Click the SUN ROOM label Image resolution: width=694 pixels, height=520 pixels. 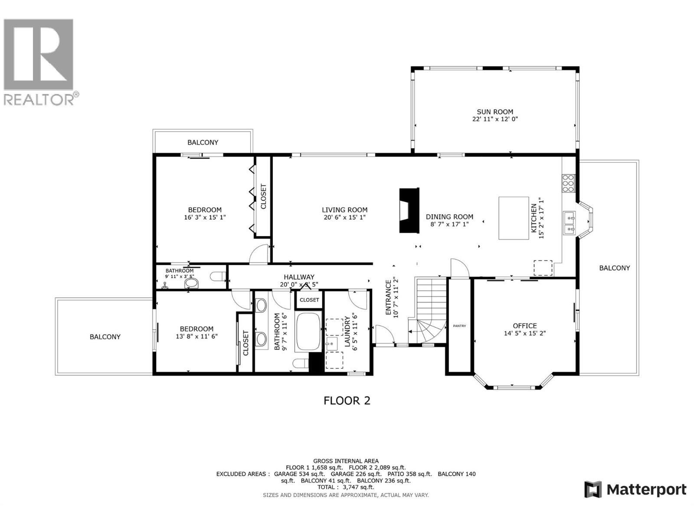495,111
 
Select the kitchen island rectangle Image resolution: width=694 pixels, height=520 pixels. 514,218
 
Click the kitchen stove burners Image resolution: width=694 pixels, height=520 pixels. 568,183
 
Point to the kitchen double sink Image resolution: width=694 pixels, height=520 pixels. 569,222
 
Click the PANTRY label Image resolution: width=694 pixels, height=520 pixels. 459,326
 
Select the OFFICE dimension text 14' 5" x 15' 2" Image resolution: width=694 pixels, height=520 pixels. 524,334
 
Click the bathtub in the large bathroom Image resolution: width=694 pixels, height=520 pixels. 308,332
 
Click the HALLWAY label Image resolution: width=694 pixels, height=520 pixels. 299,277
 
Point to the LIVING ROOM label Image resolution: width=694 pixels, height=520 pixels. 344,210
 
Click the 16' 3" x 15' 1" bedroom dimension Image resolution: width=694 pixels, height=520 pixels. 205,218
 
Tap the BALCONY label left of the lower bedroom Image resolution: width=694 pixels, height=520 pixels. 105,337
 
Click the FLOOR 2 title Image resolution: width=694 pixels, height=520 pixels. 347,400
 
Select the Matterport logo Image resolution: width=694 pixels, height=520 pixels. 635,490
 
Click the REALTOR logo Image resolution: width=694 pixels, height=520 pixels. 39,61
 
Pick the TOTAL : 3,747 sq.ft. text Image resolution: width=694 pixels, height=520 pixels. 346,487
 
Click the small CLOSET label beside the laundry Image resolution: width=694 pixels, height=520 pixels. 309,300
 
